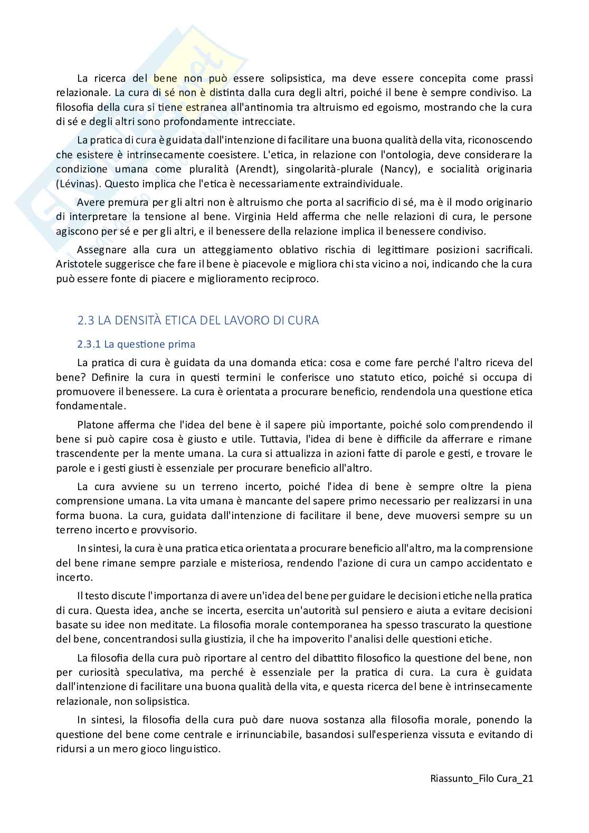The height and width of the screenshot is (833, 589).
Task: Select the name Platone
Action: click(95, 425)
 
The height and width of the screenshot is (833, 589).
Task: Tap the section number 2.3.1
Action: click(89, 344)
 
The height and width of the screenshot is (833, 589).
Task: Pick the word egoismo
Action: click(394, 107)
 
